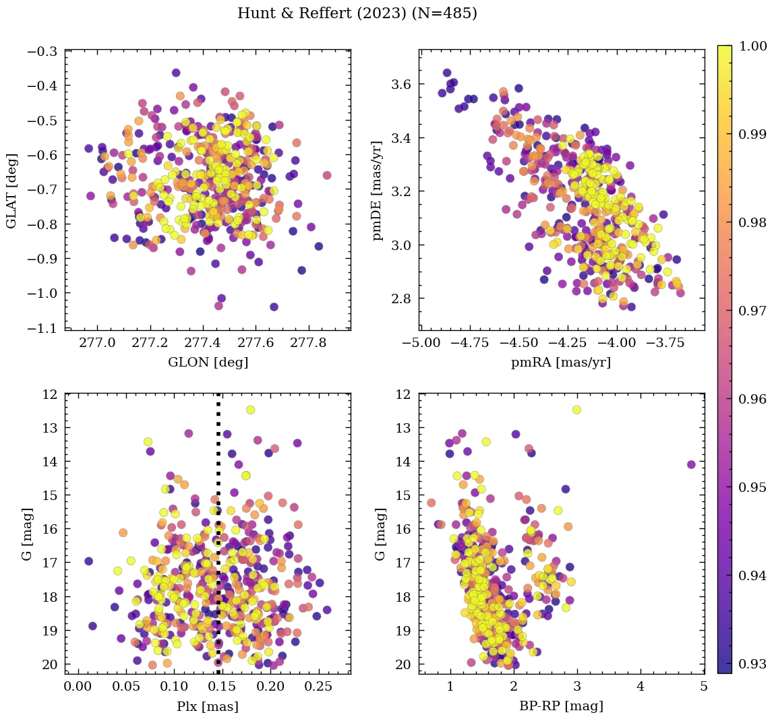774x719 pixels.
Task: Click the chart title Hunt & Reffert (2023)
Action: tap(357, 13)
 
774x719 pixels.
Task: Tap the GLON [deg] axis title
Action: tap(208, 363)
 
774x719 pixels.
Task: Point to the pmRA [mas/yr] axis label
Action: tap(561, 363)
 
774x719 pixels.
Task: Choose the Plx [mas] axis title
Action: tap(208, 706)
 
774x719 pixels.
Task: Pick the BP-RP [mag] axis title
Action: tap(561, 706)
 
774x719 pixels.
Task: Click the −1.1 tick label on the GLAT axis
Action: tap(42, 327)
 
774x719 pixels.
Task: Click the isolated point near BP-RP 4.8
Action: tap(691, 464)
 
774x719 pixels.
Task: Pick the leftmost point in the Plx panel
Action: tap(88, 561)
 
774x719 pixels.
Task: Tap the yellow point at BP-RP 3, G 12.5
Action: tap(576, 410)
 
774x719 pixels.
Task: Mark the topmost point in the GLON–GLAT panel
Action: tap(176, 73)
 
